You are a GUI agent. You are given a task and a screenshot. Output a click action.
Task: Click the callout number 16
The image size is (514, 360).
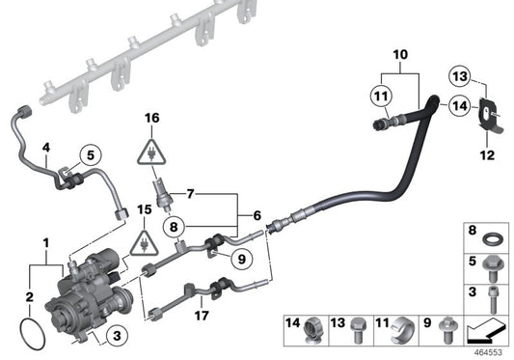pos(149,119)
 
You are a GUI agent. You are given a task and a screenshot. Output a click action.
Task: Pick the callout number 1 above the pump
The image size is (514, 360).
pos(42,237)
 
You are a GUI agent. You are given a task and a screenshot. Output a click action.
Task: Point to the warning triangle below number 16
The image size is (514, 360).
pos(150,151)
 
